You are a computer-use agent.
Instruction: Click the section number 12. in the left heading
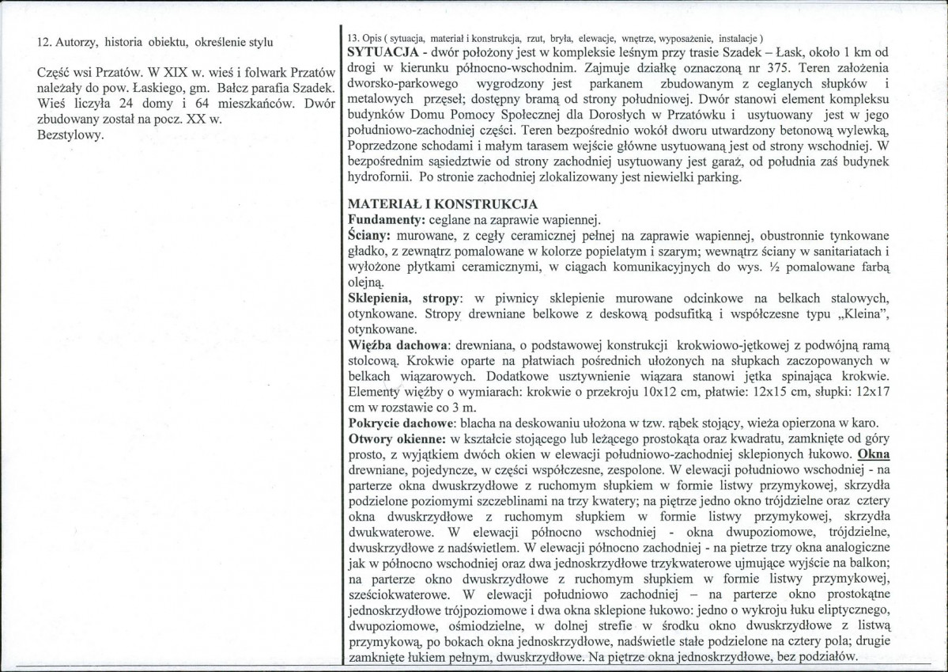46,42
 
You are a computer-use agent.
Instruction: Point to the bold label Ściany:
370,236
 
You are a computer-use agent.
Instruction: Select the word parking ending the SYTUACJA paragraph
717,177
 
